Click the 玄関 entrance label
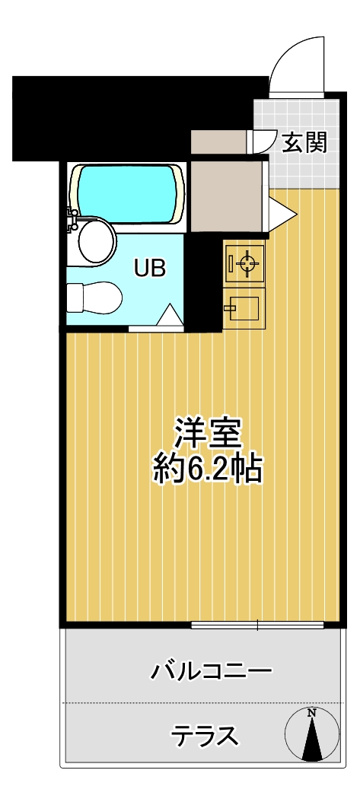click(x=304, y=143)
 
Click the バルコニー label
click(x=210, y=671)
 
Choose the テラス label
click(x=205, y=736)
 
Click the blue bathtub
click(x=126, y=194)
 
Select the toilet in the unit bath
click(x=95, y=298)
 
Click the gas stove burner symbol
click(x=244, y=264)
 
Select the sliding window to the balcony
click(x=258, y=625)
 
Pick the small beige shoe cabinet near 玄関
click(x=218, y=142)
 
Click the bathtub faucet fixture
click(x=71, y=219)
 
